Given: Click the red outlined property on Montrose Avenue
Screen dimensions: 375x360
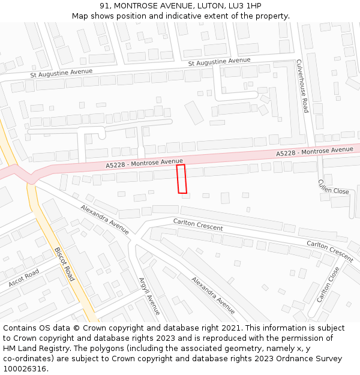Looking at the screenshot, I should pyautogui.click(x=182, y=179).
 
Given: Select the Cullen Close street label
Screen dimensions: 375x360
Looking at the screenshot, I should pyautogui.click(x=334, y=187).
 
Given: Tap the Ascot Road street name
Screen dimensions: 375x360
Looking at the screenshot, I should pyautogui.click(x=24, y=277).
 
